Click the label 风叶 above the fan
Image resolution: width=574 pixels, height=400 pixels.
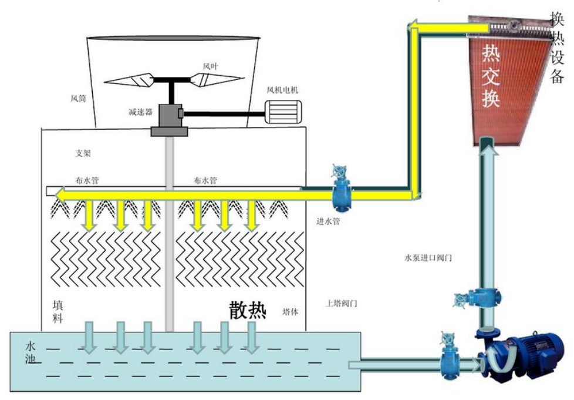[x=211, y=67]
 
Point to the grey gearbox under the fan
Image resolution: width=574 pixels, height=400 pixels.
[x=170, y=120]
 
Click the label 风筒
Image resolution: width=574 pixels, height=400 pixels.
[x=78, y=99]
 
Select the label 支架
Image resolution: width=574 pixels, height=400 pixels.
[x=83, y=153]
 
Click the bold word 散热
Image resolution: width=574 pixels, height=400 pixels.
[x=248, y=310]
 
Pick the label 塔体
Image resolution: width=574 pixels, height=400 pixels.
[x=290, y=312]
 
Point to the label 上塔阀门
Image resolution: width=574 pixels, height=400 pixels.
[x=342, y=304]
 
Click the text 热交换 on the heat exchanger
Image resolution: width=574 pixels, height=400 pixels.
[x=491, y=76]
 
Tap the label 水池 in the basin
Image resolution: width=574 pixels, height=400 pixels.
[x=31, y=352]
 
